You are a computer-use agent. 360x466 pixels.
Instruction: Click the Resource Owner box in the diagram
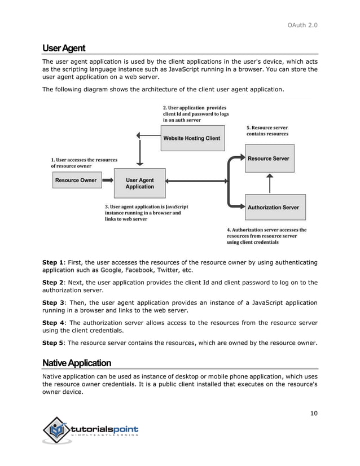(x=76, y=181)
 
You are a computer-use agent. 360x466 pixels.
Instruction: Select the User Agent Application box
(x=139, y=183)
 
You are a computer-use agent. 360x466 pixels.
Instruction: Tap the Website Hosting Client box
(x=191, y=138)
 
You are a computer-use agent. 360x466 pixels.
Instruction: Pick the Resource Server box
(x=268, y=159)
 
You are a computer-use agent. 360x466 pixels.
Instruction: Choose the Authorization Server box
(x=273, y=207)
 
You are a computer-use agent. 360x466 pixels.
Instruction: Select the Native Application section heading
(x=77, y=362)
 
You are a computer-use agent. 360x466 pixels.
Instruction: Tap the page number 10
(x=314, y=414)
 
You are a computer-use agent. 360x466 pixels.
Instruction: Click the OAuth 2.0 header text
(x=304, y=24)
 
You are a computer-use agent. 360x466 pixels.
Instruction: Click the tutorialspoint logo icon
(x=55, y=430)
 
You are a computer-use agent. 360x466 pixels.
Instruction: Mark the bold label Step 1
(x=53, y=262)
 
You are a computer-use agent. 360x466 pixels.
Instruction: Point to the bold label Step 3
(x=53, y=303)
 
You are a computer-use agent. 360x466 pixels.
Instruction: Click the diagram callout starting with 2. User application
(x=196, y=113)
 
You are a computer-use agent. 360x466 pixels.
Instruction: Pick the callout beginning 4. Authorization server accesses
(x=266, y=236)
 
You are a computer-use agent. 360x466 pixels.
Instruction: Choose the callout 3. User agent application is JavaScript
(x=146, y=213)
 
